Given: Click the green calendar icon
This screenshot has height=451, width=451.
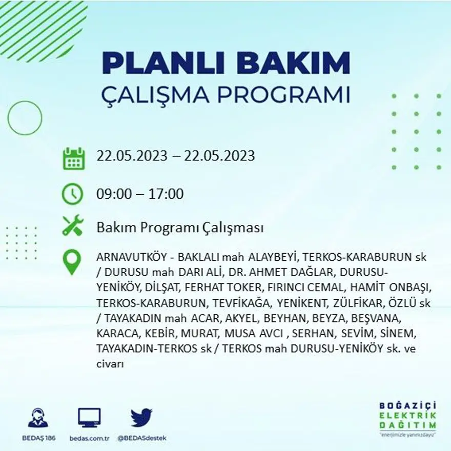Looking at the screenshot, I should click(x=73, y=158).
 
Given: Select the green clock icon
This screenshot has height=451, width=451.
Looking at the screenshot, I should click(x=72, y=194).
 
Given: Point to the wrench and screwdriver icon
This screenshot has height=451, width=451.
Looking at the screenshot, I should click(x=72, y=225).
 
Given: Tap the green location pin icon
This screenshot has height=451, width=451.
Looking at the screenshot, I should click(x=72, y=262).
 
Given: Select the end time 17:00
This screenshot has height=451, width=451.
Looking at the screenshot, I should click(x=167, y=195).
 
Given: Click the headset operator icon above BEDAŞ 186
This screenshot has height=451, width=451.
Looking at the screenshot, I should click(x=38, y=418).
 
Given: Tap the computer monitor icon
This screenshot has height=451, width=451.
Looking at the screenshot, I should click(x=89, y=417).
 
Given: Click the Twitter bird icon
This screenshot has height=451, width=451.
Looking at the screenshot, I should click(x=141, y=417).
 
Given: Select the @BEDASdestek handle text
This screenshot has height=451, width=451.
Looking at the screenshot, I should click(x=142, y=438).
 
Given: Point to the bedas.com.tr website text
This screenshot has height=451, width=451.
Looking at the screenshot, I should click(x=89, y=438).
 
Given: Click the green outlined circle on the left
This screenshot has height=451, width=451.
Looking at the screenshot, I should click(x=25, y=118).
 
